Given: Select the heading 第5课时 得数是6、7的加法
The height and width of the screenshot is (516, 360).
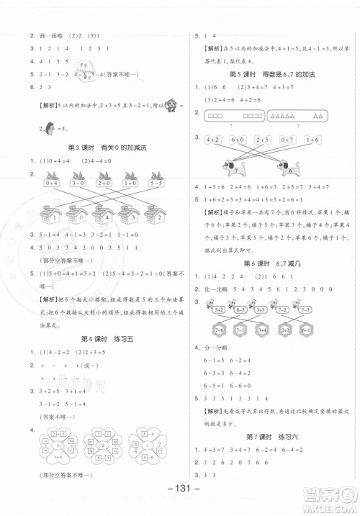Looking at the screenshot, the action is coord(269,74).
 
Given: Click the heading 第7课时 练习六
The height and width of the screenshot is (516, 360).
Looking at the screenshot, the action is coord(269,438).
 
